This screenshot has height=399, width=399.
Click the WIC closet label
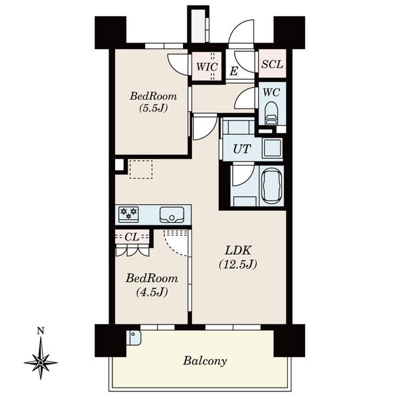tap(207, 66)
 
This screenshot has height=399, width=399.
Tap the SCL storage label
tap(272, 64)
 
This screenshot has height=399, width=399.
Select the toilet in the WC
tap(271, 113)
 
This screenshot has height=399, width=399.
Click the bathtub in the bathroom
tap(272, 186)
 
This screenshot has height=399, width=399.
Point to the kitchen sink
tap(172, 215)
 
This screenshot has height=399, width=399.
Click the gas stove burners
tap(128, 214)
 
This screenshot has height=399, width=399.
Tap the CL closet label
tap(132, 237)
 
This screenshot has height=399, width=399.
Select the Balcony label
tap(205, 361)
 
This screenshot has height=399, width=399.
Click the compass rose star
tap(41, 362)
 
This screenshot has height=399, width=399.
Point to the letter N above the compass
tap(41, 331)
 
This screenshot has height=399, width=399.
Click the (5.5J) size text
tap(154, 108)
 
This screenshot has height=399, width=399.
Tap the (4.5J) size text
tap(152, 292)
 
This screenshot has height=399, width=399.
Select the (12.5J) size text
tap(238, 264)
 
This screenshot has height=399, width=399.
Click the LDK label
tap(238, 251)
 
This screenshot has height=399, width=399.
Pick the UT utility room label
tap(242, 149)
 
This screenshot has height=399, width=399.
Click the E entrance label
tap(233, 71)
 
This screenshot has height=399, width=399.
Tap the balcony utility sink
tap(134, 337)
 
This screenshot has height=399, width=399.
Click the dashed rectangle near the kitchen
tap(141, 169)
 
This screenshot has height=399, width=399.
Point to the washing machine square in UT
tap(272, 148)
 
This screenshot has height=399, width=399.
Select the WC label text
tap(271, 92)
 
